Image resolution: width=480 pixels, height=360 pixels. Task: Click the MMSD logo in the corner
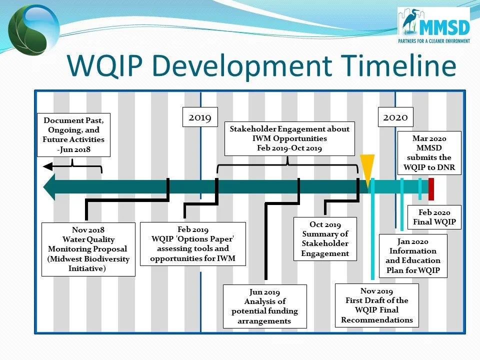point(433,26)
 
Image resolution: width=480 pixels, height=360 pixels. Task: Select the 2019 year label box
point(199,117)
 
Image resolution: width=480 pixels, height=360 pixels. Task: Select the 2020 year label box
point(395,117)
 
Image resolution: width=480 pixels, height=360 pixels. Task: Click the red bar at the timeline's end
point(431,188)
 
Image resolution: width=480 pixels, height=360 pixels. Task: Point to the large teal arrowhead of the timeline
point(50,187)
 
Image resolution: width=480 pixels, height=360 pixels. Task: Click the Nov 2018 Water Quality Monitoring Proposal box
point(88,249)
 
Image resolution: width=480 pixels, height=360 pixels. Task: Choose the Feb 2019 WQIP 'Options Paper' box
point(192,243)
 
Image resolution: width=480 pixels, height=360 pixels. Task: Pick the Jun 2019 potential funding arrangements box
point(264,306)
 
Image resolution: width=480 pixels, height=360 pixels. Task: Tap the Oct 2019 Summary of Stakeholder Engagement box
point(325,238)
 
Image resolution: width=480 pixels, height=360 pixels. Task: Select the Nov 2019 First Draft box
point(376,305)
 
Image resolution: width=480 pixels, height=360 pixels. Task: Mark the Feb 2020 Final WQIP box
point(434,217)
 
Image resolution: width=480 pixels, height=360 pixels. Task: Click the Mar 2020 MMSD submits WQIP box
point(429,152)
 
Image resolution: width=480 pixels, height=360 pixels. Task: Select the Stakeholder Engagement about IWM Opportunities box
point(289,138)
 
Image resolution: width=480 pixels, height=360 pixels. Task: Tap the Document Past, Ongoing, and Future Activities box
point(73,134)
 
